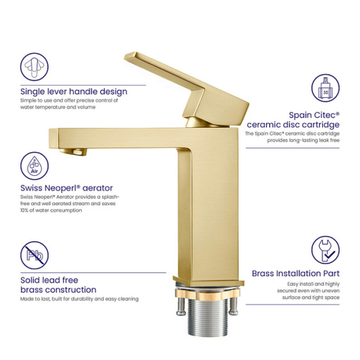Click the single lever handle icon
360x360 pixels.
(x=35, y=67)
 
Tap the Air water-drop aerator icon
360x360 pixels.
(x=35, y=166)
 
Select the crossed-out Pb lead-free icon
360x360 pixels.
(x=35, y=255)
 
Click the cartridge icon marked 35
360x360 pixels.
(x=325, y=88)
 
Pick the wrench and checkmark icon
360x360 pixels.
(x=325, y=250)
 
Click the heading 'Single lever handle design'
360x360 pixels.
(x=74, y=92)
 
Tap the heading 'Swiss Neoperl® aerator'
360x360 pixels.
(x=67, y=188)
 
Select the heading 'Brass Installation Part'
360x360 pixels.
(x=296, y=274)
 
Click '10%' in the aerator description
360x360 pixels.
(x=24, y=210)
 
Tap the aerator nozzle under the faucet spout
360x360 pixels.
(x=73, y=152)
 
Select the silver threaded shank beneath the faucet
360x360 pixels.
(x=208, y=317)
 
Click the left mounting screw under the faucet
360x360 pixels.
(x=181, y=306)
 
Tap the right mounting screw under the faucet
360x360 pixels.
(x=234, y=306)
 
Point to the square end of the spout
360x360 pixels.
(x=54, y=138)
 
